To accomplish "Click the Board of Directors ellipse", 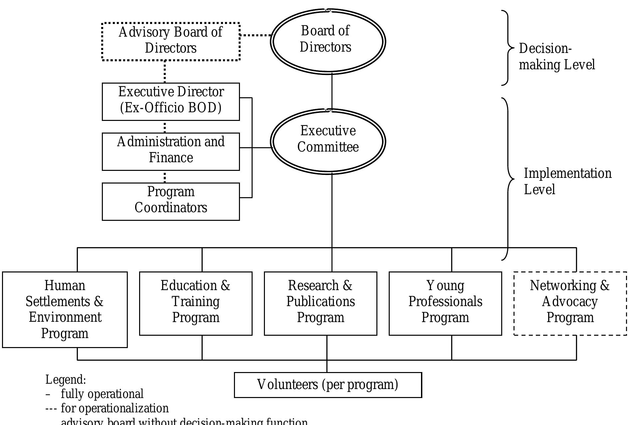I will [328, 41].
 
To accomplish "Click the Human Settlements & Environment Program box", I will [65, 309].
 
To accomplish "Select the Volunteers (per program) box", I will [328, 385].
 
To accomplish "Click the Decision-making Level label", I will [557, 57].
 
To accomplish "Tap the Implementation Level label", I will [567, 181].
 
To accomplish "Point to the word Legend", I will [66, 380].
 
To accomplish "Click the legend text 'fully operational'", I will [102, 394].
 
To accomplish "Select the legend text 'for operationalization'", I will [114, 408].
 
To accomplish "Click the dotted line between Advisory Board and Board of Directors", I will [256, 35].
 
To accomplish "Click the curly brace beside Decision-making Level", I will [508, 48].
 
